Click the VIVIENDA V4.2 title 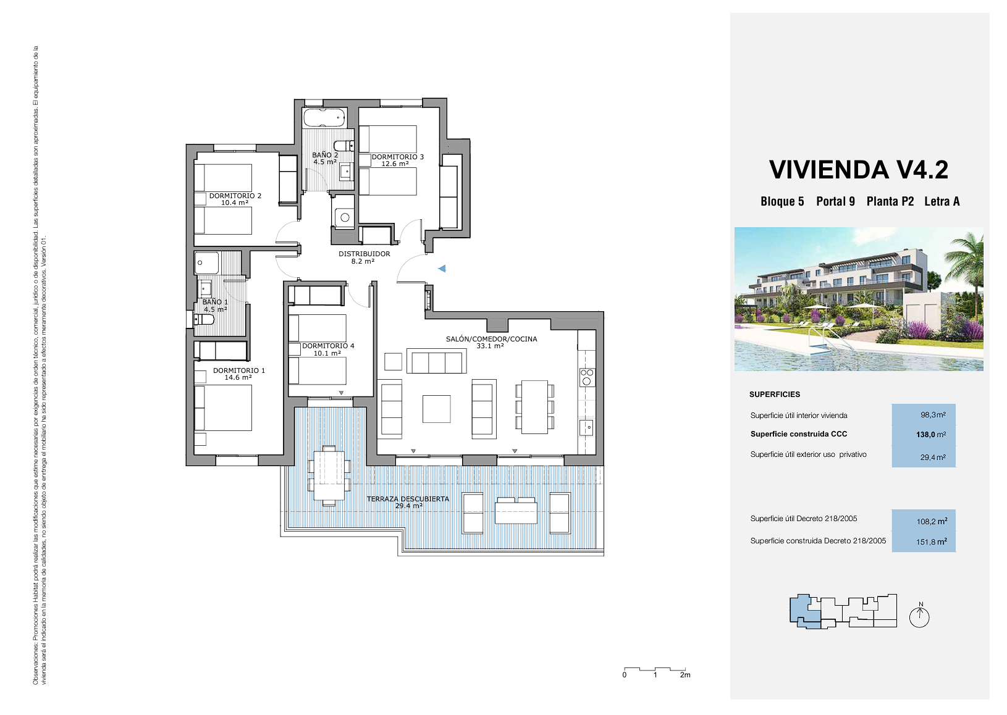[x=859, y=170]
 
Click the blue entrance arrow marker [x=442, y=269]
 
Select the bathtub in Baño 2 [x=324, y=117]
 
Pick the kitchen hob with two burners [x=587, y=377]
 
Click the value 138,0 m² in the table [x=931, y=435]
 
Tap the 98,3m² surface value [x=933, y=415]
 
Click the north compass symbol [x=919, y=615]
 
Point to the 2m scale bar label [x=685, y=688]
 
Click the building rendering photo [x=859, y=299]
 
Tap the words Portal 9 [x=835, y=201]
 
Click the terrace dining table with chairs [x=329, y=476]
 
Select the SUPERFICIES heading [x=775, y=395]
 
